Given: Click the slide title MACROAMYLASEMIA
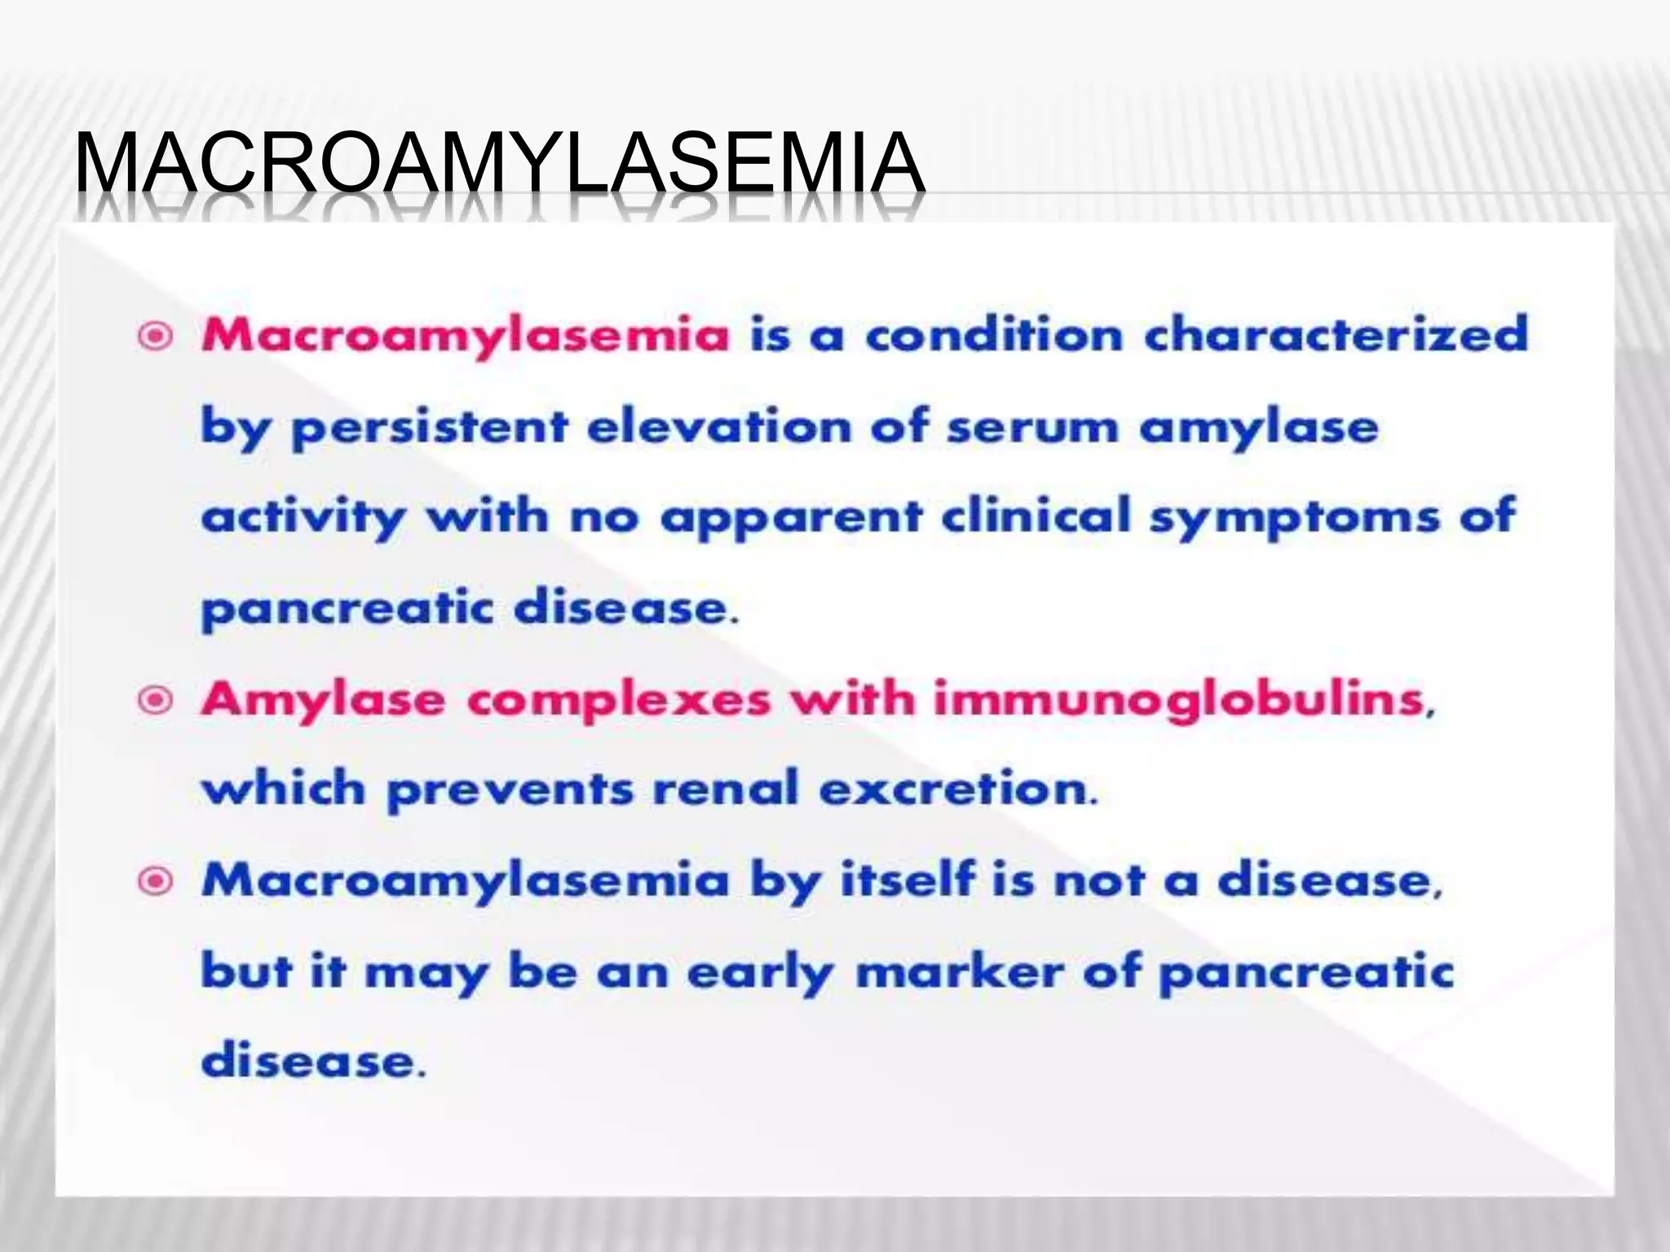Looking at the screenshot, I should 499,165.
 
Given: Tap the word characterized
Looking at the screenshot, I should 1336,334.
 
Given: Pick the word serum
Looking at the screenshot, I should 1032,426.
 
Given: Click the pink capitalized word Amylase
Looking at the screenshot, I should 323,699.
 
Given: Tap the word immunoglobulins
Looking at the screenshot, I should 1180,699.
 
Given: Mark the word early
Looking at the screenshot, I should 759,972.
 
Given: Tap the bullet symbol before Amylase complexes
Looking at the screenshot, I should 156,699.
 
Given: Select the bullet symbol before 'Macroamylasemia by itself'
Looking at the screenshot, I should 156,880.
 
